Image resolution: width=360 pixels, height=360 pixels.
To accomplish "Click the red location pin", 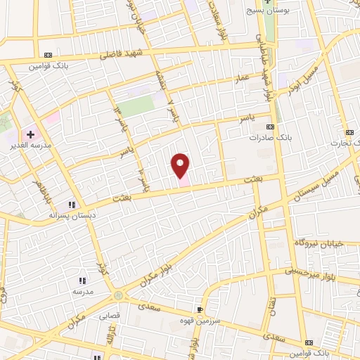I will (x=181, y=165).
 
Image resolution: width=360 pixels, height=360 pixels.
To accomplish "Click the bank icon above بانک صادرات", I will (x=271, y=128).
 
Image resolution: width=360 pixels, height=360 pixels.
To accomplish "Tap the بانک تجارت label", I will (x=346, y=142).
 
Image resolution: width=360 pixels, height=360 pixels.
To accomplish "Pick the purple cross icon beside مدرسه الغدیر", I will (x=31, y=133).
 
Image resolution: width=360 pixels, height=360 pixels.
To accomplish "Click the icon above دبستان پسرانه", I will (x=71, y=205).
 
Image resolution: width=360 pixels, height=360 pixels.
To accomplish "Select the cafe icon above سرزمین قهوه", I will (x=200, y=309).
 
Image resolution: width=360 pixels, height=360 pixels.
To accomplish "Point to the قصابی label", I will (x=112, y=316).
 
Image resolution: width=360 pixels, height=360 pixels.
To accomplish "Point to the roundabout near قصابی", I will (x=118, y=296).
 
